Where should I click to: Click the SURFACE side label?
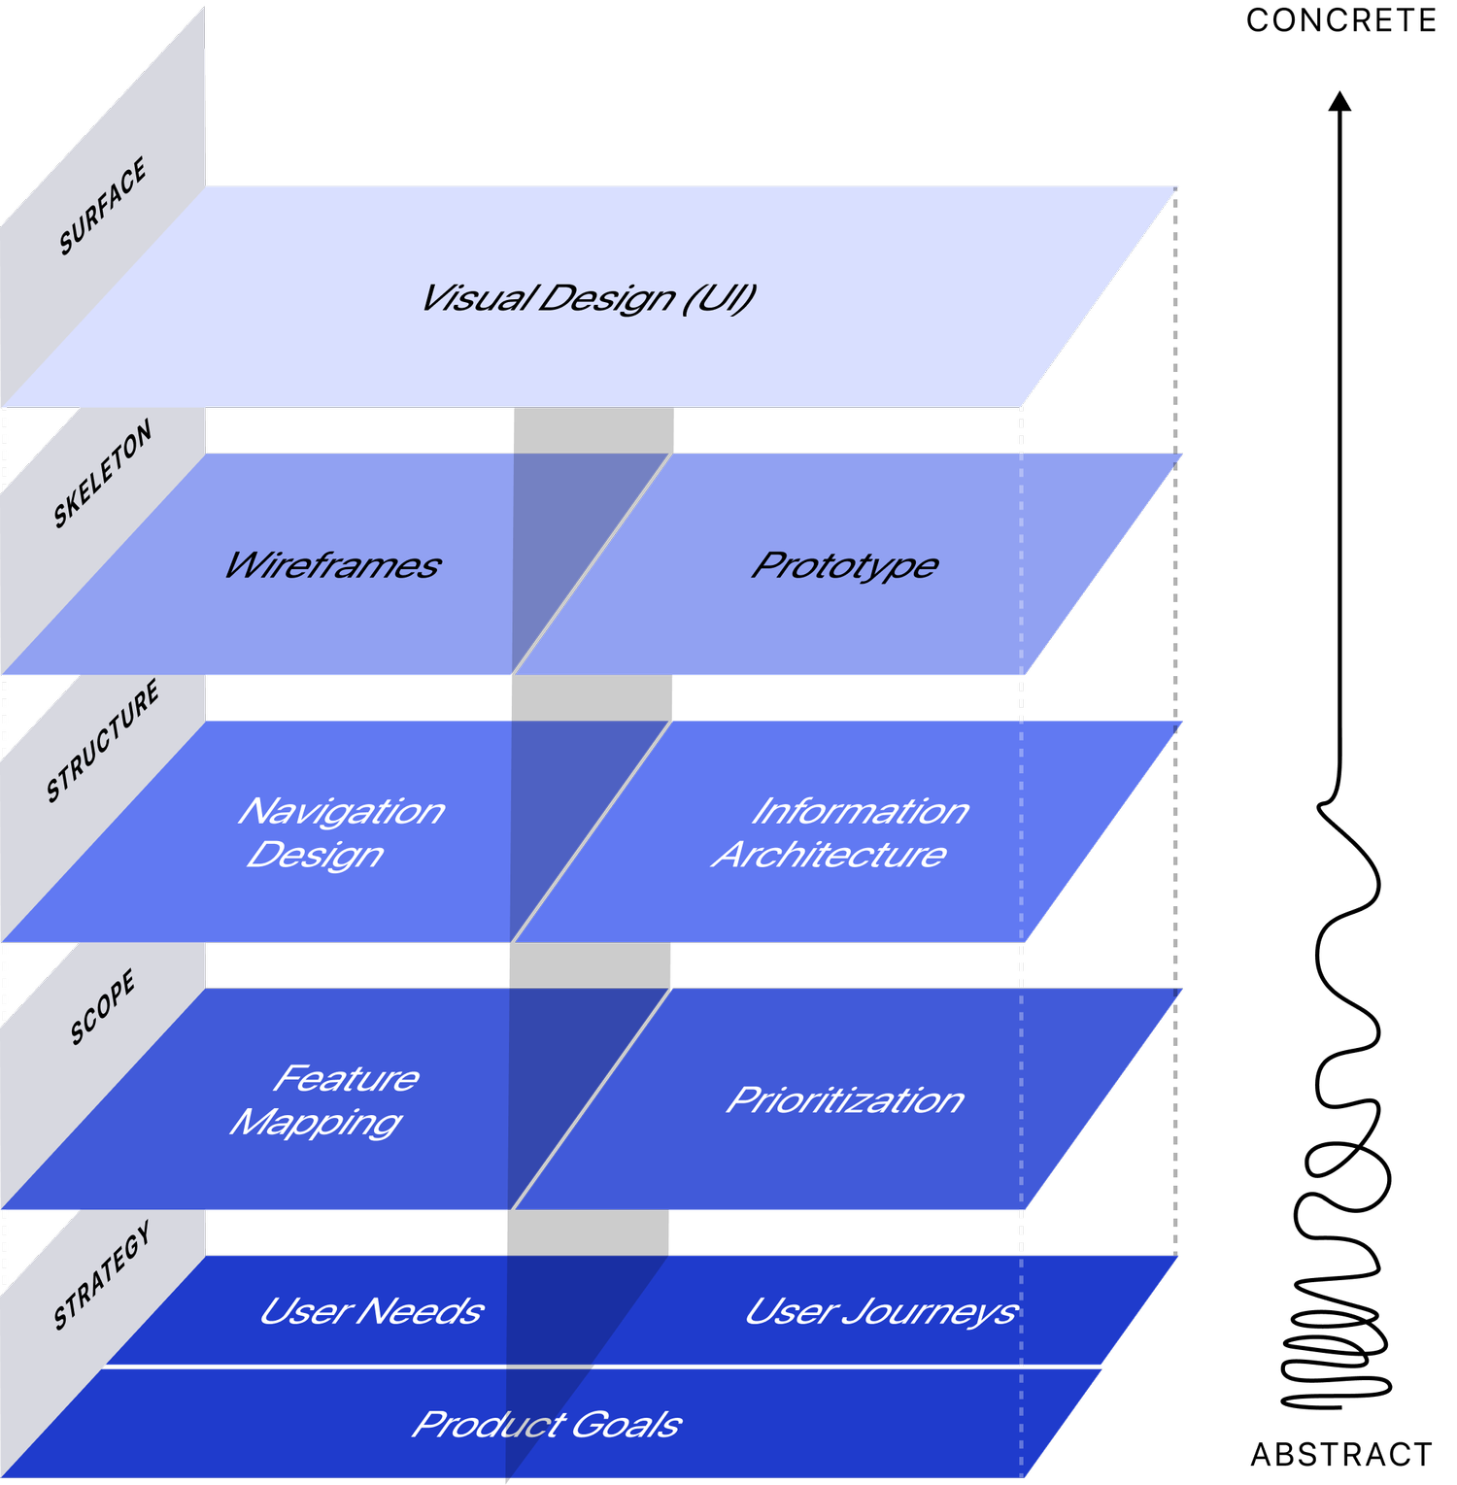[103, 206]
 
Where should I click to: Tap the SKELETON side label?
[103, 474]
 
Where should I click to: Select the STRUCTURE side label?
[103, 742]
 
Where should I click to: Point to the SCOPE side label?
[103, 1007]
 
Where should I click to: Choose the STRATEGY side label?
[103, 1275]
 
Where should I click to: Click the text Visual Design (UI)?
[588, 298]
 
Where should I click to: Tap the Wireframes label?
[332, 565]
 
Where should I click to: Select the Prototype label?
[844, 565]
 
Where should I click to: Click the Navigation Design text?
[335, 832]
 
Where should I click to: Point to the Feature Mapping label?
[325, 1099]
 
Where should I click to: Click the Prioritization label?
[845, 1100]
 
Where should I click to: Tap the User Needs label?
[371, 1311]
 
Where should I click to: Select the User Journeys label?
[880, 1312]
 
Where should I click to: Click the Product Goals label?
[546, 1425]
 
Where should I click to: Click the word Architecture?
[830, 855]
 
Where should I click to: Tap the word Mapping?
[316, 1123]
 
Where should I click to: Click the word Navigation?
[341, 811]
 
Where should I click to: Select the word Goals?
[626, 1425]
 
